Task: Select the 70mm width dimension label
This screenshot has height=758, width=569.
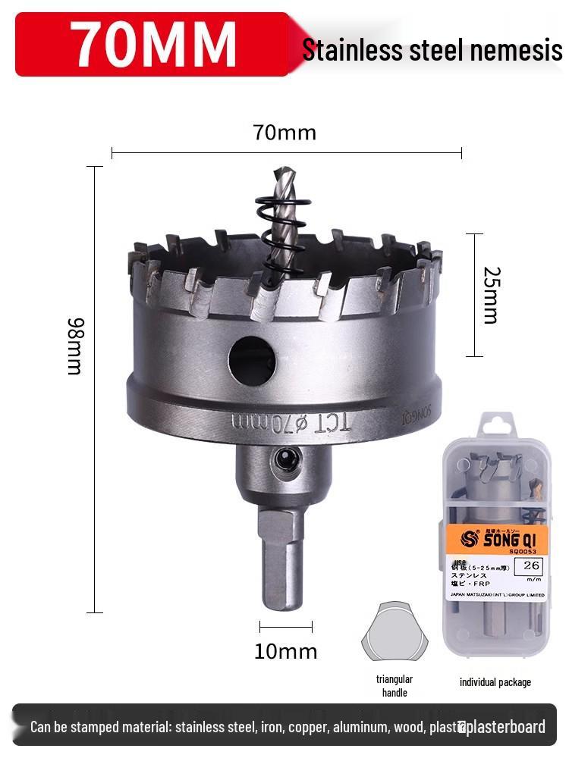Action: click(284, 133)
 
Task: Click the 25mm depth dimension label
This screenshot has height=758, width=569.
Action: click(491, 295)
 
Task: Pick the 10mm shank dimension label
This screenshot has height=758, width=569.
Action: click(285, 651)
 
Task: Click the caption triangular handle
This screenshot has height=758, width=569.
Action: click(395, 686)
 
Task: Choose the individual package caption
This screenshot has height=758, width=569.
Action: click(495, 682)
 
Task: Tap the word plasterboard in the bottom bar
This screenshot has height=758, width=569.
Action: click(507, 727)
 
